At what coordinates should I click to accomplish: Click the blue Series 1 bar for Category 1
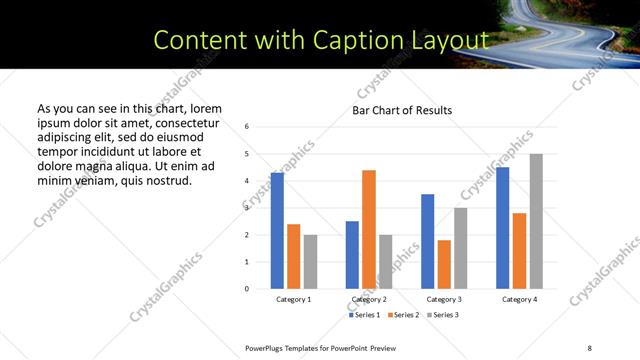click(x=277, y=231)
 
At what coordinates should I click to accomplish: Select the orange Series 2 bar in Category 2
click(x=369, y=229)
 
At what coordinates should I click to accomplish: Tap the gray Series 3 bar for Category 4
click(x=536, y=221)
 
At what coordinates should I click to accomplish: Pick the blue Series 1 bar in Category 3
click(x=428, y=241)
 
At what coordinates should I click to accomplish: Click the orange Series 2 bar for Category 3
click(x=444, y=264)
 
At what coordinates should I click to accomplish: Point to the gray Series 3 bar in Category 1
click(x=310, y=262)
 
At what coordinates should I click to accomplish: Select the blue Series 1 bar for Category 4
click(x=502, y=228)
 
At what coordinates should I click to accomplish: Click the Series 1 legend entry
click(x=364, y=315)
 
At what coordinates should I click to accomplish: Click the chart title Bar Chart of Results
click(x=402, y=110)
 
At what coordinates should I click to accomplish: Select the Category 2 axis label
click(x=369, y=299)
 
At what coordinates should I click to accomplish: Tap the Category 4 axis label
click(x=519, y=299)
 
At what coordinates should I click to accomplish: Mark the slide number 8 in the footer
click(x=590, y=347)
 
